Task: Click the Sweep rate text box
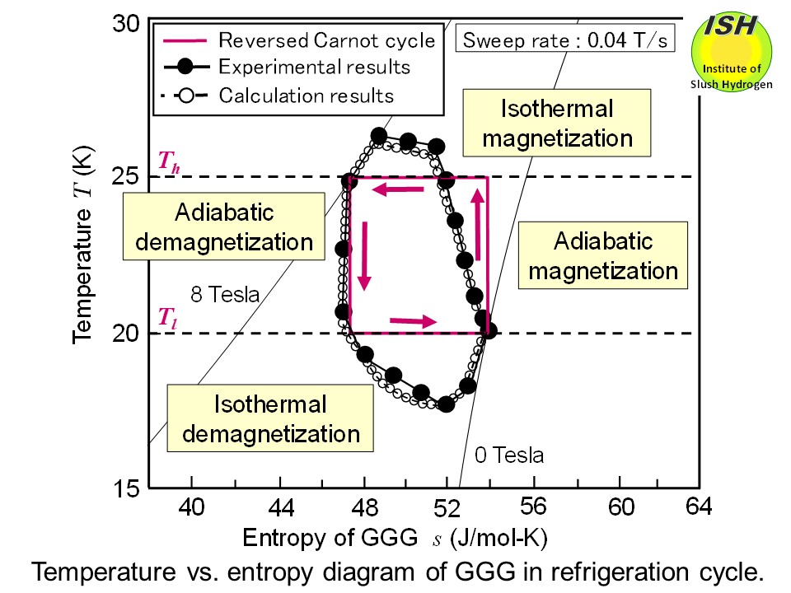pos(564,40)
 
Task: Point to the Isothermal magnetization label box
pos(557,124)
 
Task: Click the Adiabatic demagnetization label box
pos(224,227)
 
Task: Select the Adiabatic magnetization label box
pos(602,256)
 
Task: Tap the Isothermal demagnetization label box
pos(270,418)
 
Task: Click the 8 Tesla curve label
pos(224,294)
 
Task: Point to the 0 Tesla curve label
pos(508,455)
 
